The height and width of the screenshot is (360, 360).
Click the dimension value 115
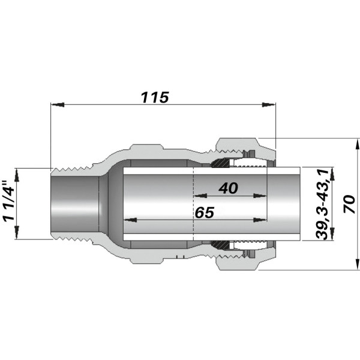154,97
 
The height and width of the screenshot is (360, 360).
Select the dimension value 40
228,188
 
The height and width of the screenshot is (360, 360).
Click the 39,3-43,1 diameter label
323,204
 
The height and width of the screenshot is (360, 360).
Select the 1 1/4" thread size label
8,202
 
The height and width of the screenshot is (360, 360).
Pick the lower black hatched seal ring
221,245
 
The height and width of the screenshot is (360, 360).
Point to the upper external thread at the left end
72,165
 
